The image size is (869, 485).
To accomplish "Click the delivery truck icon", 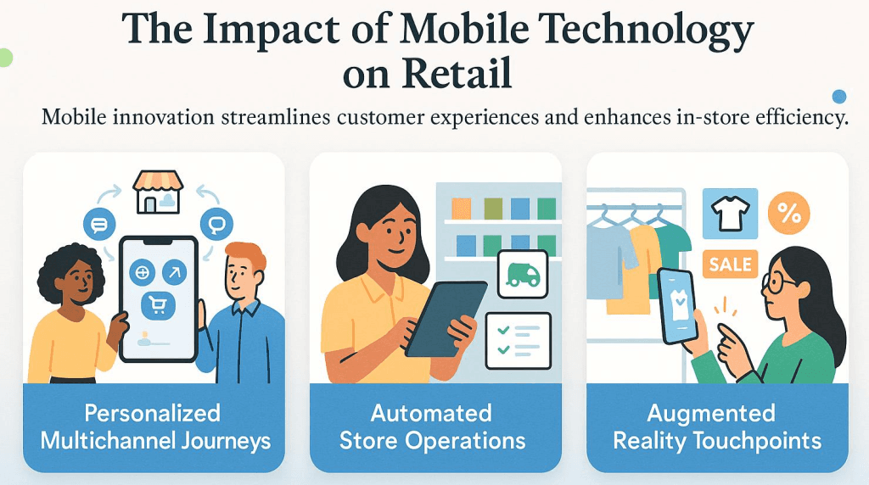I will coord(521,274).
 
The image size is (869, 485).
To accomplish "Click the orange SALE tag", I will coord(730,264).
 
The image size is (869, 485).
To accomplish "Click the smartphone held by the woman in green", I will coord(680,305).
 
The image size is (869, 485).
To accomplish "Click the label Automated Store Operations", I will coord(432,426).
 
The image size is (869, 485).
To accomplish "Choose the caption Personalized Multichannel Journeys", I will coord(154,426).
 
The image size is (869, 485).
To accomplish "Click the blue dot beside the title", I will coord(839,96).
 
